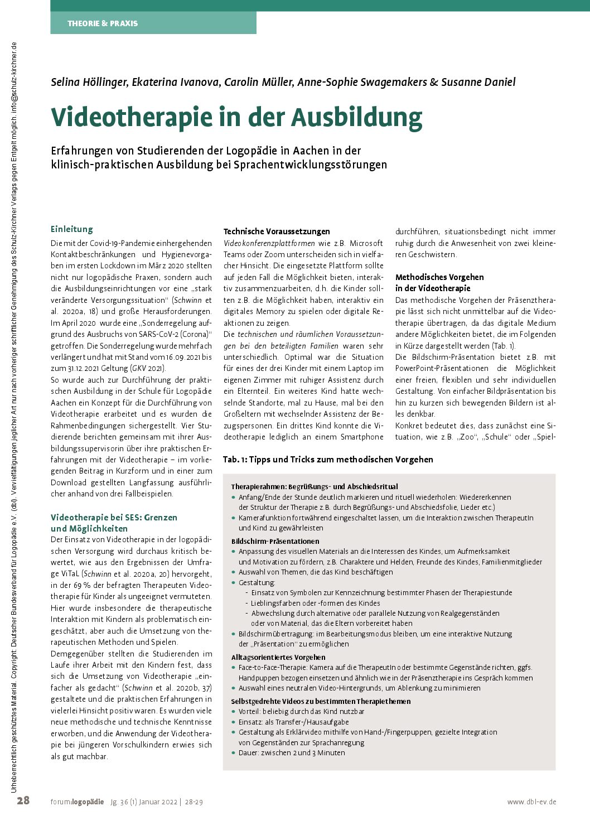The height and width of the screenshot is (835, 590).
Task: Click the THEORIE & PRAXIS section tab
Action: tap(103, 23)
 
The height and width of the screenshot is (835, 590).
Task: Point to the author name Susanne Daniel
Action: tap(478, 83)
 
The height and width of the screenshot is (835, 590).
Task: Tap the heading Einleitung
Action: tap(72, 229)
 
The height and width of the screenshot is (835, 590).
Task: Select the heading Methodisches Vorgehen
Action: tap(439, 277)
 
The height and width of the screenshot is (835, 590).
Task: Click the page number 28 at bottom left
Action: tap(23, 801)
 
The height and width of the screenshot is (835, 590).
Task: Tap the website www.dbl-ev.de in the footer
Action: tap(531, 802)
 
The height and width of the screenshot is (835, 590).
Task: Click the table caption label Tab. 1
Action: tap(234, 460)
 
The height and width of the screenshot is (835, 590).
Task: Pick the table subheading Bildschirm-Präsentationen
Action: tap(275, 541)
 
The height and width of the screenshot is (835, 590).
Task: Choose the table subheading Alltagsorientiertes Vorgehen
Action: tap(278, 657)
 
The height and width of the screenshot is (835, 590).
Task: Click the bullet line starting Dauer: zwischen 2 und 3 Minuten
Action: tap(292, 753)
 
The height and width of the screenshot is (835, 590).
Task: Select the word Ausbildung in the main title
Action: tap(356, 118)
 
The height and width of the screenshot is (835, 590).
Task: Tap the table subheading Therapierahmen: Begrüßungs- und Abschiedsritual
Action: tap(315, 486)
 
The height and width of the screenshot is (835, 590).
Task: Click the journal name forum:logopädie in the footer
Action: tap(77, 802)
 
